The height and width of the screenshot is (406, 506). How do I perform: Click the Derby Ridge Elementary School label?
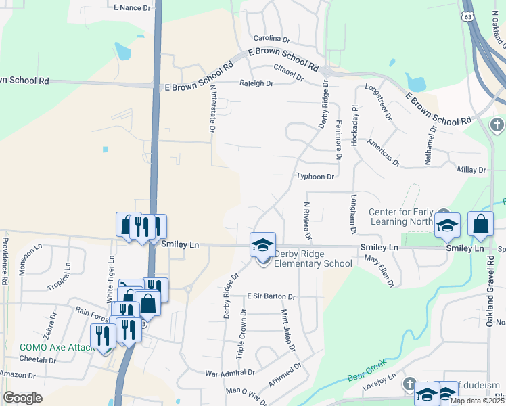click(313, 258)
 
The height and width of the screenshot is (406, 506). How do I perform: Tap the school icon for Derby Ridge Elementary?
click(263, 245)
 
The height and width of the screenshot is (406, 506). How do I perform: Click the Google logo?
click(23, 398)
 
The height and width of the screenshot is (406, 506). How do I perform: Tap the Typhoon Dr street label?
click(315, 177)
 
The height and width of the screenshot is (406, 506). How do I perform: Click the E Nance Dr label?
click(132, 7)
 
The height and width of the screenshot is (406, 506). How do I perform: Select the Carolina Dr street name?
click(271, 39)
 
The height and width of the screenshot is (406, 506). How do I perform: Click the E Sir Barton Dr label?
click(271, 296)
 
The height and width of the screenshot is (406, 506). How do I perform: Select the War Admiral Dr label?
click(230, 372)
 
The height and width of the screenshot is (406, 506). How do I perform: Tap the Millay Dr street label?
click(472, 170)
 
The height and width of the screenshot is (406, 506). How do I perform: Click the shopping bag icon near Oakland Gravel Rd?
click(480, 225)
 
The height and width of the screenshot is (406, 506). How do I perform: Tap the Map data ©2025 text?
click(477, 401)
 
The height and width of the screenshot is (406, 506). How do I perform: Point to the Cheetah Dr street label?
click(38, 360)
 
